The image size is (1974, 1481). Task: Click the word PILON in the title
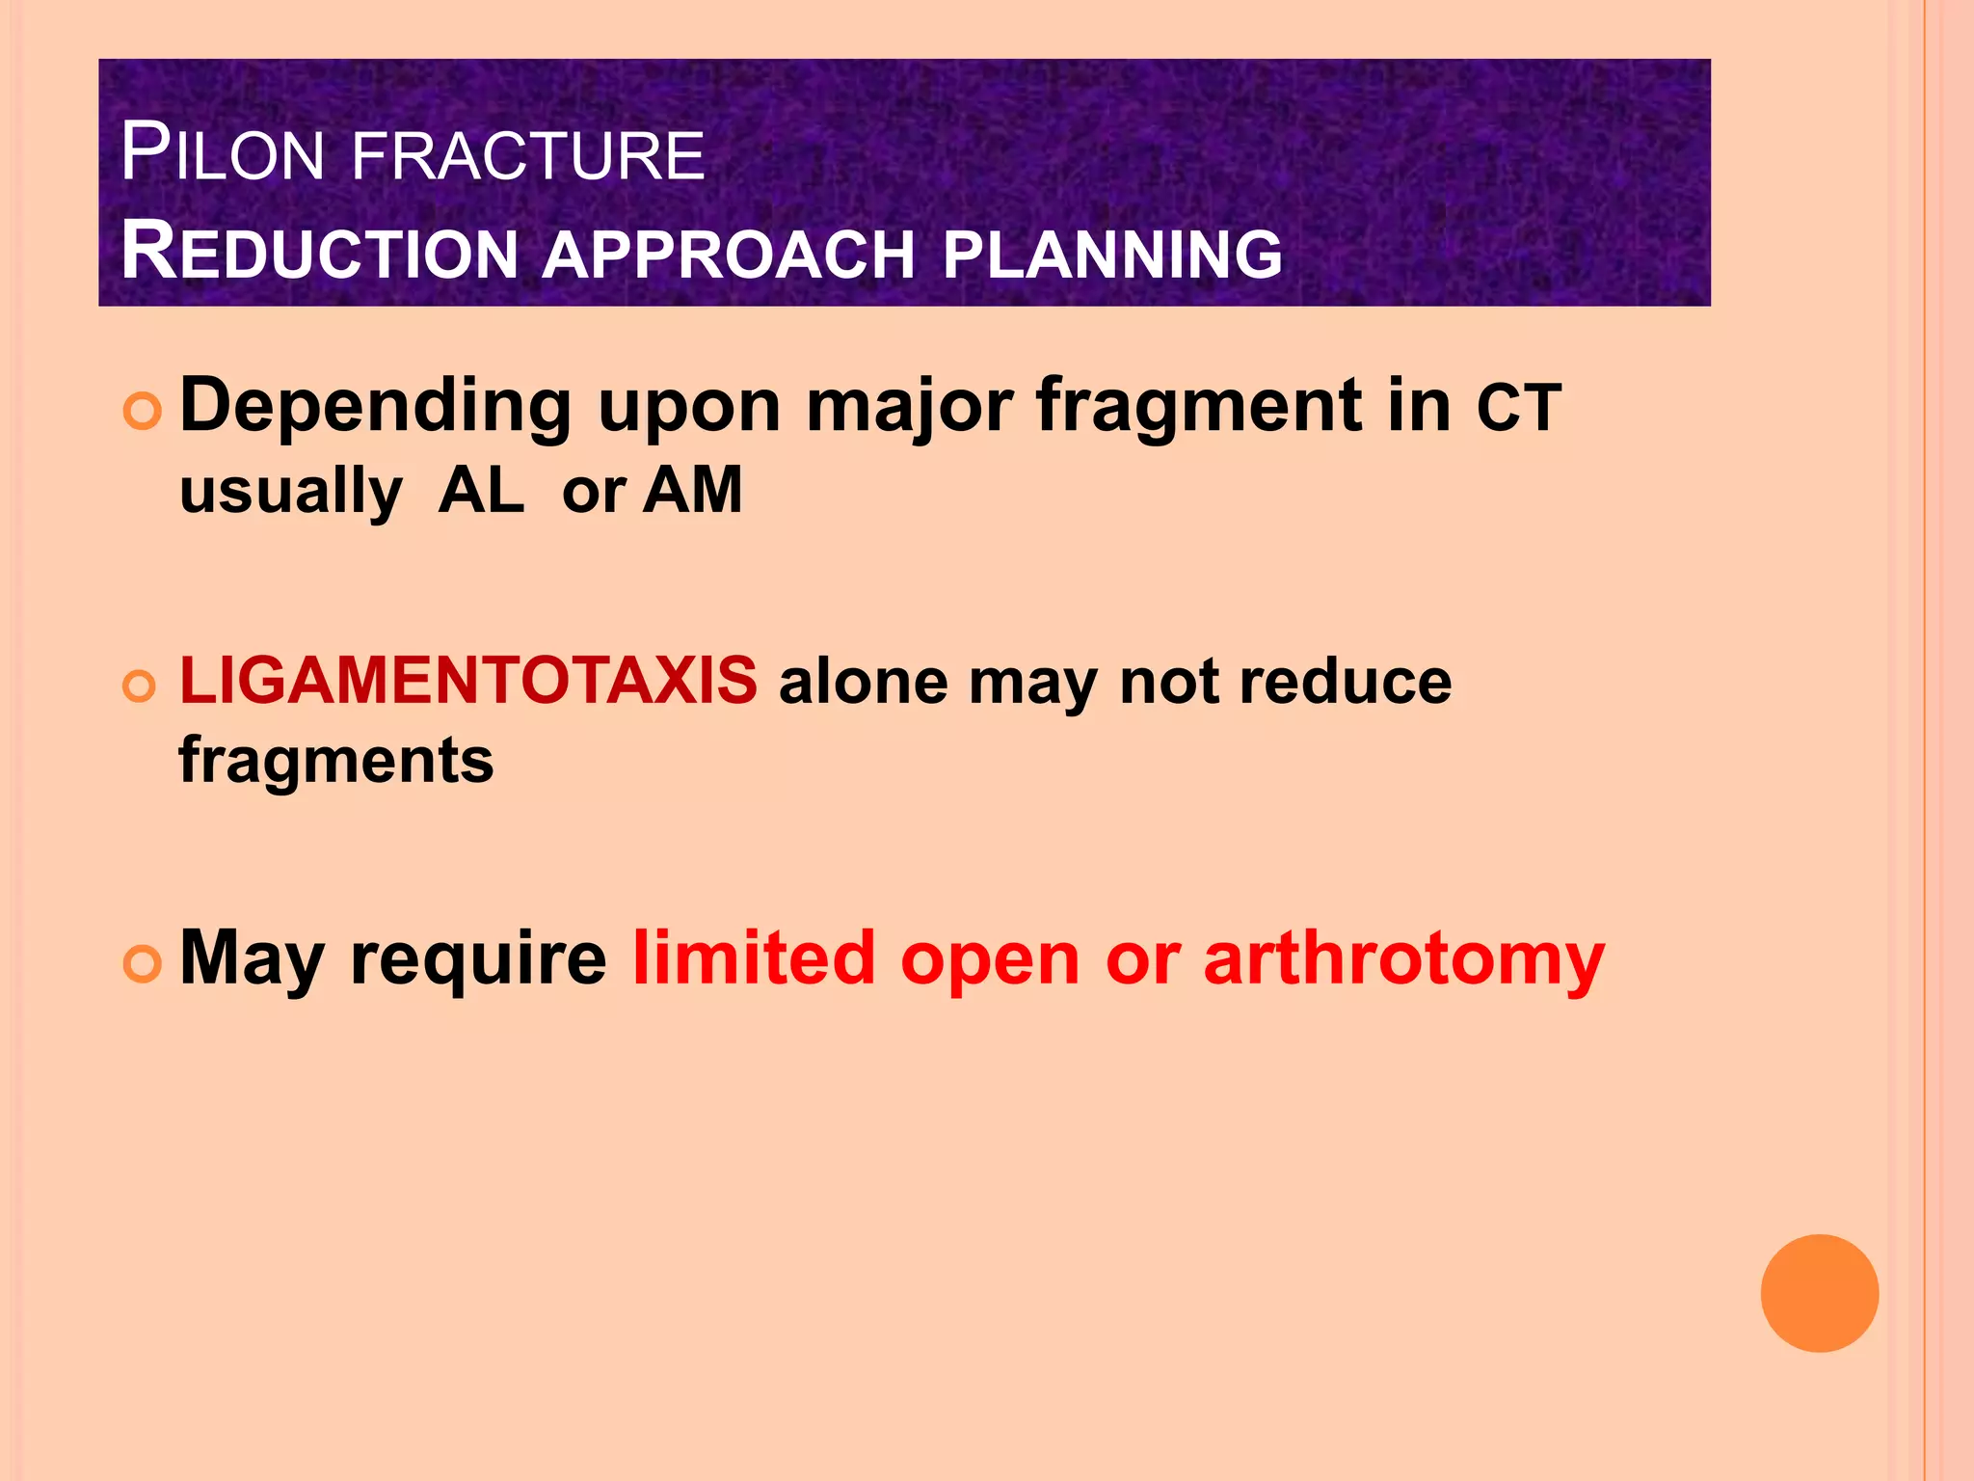[x=223, y=154]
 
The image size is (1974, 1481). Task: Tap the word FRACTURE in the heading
[x=528, y=157]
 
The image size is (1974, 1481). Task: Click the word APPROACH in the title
[x=728, y=255]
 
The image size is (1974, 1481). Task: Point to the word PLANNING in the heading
[x=1112, y=254]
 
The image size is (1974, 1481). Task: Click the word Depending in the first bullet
[x=376, y=408]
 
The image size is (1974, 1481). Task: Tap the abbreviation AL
[x=481, y=491]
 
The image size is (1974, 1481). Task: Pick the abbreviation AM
[x=693, y=491]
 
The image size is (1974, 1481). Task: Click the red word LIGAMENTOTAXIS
[x=468, y=681]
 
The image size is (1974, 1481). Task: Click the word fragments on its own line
[x=336, y=762]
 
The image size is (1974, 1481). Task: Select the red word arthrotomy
[x=1403, y=959]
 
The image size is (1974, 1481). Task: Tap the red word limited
[x=753, y=959]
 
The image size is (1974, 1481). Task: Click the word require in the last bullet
[x=478, y=959]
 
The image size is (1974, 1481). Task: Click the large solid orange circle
[x=1819, y=1293]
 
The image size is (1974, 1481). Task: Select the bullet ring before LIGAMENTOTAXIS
[x=140, y=687]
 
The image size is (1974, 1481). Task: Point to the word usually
[x=291, y=493]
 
